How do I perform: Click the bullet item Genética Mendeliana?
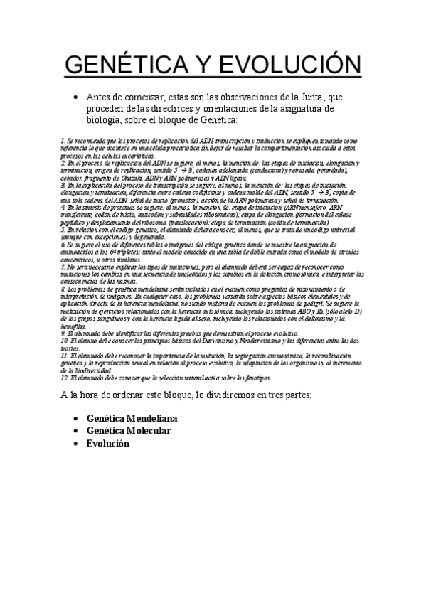click(x=132, y=418)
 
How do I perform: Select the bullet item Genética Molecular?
click(x=128, y=430)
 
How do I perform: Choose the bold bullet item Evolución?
click(x=107, y=442)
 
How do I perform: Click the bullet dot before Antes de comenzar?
click(x=75, y=97)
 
